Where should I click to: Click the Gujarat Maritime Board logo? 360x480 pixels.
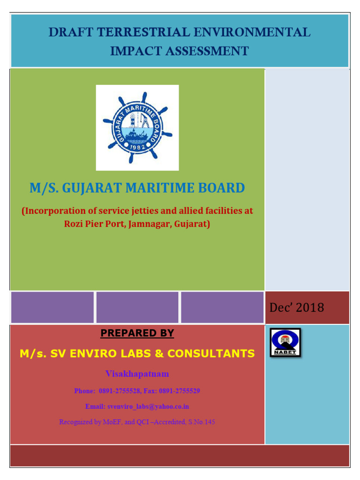point(137,127)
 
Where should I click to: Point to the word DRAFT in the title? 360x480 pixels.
point(69,33)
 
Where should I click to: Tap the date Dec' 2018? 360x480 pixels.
point(297,307)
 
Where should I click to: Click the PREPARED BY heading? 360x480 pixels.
point(137,333)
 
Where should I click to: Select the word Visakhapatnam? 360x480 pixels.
point(137,374)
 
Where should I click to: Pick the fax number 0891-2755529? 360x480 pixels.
point(180,390)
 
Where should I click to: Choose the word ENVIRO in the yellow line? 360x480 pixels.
point(88,353)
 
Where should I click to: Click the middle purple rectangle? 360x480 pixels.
point(137,307)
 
